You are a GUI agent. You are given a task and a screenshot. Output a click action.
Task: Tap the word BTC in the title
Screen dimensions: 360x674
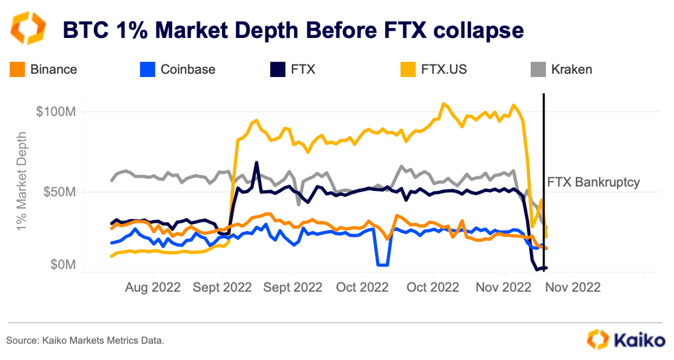85,29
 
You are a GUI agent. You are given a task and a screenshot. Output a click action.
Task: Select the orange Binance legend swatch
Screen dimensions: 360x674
17,69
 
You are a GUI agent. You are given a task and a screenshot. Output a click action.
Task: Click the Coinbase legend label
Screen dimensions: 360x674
188,69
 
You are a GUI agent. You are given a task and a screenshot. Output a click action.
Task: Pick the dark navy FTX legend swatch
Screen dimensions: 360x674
277,69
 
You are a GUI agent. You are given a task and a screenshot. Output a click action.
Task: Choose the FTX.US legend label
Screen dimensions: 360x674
445,69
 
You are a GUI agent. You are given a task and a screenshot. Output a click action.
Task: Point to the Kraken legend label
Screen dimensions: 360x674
572,69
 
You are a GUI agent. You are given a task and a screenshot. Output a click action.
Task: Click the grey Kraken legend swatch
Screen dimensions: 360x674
537,69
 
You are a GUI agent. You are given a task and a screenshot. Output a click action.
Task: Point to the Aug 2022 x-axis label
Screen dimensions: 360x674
153,288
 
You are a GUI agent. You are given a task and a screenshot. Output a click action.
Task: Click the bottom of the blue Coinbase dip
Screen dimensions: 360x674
382,264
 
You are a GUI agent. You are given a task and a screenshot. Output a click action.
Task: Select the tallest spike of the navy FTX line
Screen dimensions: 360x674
256,163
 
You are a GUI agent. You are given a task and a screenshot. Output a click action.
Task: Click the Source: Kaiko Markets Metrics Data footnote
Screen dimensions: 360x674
85,341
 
